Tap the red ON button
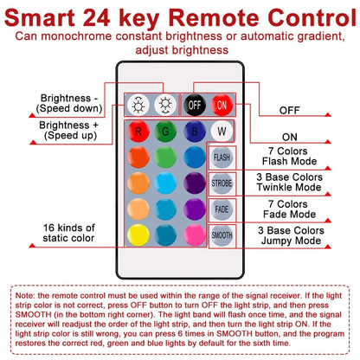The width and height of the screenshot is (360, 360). pyautogui.click(x=222, y=105)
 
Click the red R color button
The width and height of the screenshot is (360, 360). pyautogui.click(x=138, y=132)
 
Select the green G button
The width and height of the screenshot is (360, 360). pyautogui.click(x=165, y=132)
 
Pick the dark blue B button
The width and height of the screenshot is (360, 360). pyautogui.click(x=195, y=132)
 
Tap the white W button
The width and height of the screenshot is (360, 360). pyautogui.click(x=222, y=132)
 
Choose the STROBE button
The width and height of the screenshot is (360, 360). pyautogui.click(x=222, y=183)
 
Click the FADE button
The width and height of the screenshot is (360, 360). pyautogui.click(x=222, y=209)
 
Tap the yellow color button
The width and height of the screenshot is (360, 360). pyautogui.click(x=138, y=235)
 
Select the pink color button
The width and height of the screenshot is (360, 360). pyautogui.click(x=195, y=235)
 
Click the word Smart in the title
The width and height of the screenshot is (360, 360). pyautogui.click(x=40, y=18)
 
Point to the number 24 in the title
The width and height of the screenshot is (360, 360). pyautogui.click(x=96, y=18)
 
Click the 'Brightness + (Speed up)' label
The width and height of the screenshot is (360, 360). pyautogui.click(x=69, y=130)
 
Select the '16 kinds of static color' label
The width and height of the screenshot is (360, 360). pyautogui.click(x=68, y=233)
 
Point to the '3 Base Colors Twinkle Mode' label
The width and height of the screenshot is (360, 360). pyautogui.click(x=289, y=182)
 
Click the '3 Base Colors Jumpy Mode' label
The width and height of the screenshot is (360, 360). pyautogui.click(x=291, y=235)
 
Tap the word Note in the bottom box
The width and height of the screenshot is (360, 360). pyautogui.click(x=25, y=295)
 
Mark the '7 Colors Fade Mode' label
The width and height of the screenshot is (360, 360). pyautogui.click(x=289, y=209)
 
